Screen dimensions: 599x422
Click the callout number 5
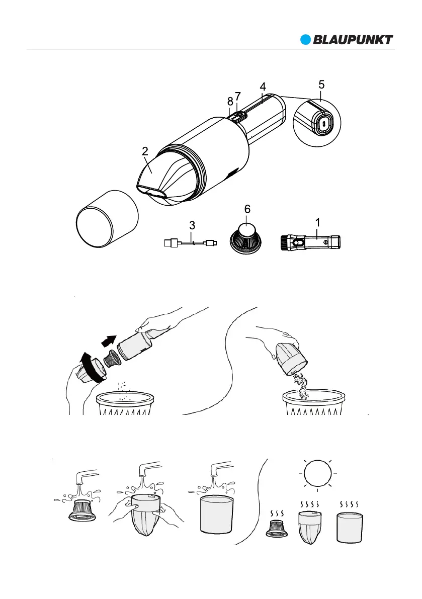(321, 85)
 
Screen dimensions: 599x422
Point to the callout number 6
(247, 209)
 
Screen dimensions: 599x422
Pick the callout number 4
(263, 87)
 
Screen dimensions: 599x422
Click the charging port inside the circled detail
(324, 122)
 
